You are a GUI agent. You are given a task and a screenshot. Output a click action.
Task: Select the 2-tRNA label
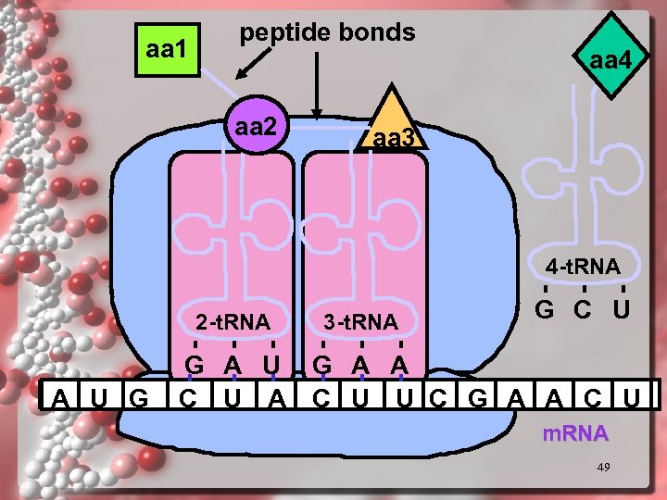pos(233,323)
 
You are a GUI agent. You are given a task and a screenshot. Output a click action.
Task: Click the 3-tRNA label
pos(360,323)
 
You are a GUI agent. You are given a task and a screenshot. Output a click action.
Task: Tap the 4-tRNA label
pos(583,268)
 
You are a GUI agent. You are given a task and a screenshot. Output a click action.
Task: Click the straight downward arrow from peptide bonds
pos(318,83)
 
